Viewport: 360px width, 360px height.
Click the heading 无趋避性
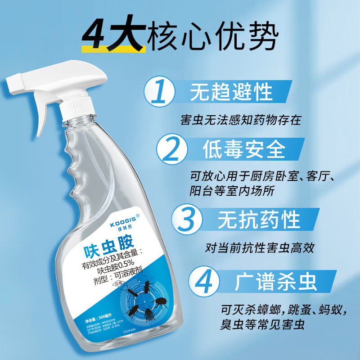click(232, 92)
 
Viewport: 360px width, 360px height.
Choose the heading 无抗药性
click(259, 220)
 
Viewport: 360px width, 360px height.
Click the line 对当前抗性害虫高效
click(259, 247)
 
